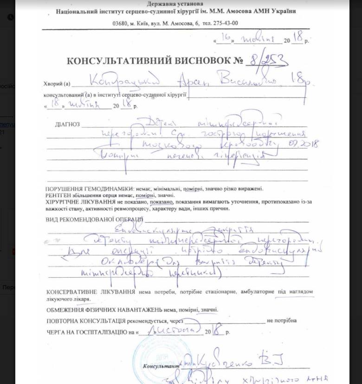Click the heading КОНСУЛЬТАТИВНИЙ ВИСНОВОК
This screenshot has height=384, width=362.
click(149, 61)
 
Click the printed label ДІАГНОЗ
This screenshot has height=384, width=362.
click(67, 124)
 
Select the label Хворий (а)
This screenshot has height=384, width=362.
click(56, 84)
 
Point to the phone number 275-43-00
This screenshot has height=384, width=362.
click(225, 23)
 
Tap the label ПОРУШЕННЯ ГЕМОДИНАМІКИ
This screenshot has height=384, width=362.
click(87, 189)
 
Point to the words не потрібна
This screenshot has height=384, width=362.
click(281, 321)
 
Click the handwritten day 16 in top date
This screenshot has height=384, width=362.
click(226, 39)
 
